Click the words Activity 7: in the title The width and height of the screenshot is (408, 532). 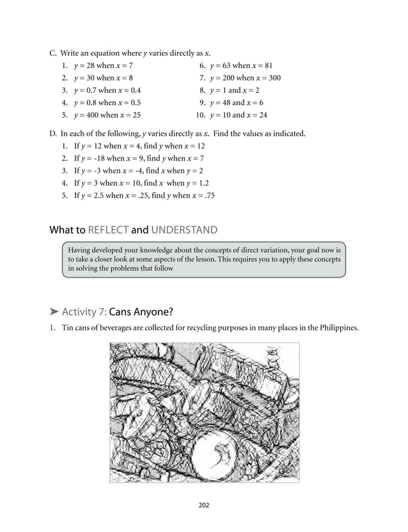tap(84, 312)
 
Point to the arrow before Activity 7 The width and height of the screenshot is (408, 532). tap(54, 312)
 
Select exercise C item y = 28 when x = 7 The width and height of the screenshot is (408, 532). tap(103, 66)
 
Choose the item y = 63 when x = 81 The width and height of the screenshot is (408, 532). tap(240, 66)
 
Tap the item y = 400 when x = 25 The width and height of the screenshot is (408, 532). tap(107, 115)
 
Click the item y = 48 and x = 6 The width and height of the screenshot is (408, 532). tap(236, 102)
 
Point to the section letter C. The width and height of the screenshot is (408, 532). tap(53, 52)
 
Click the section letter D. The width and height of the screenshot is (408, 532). tap(53, 134)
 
